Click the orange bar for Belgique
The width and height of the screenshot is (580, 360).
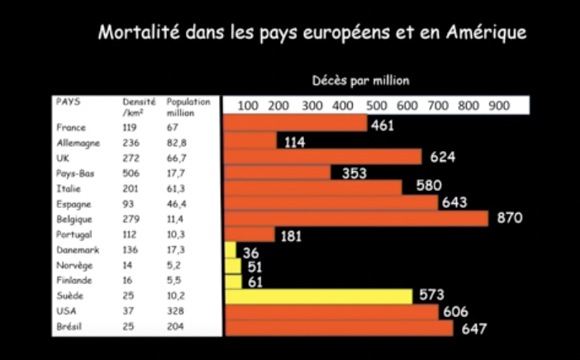pyautogui.click(x=356, y=219)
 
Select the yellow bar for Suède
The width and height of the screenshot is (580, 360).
pyautogui.click(x=318, y=296)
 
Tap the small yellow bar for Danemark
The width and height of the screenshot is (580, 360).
pyautogui.click(x=231, y=249)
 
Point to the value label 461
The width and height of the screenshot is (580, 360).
pyautogui.click(x=382, y=126)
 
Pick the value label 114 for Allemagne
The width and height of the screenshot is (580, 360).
pyautogui.click(x=295, y=142)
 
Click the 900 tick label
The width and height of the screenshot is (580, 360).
pyautogui.click(x=498, y=106)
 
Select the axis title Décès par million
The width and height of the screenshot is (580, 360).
pyautogui.click(x=361, y=81)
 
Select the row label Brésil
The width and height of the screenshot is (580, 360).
pyautogui.click(x=69, y=328)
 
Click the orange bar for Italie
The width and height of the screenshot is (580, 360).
pyautogui.click(x=313, y=187)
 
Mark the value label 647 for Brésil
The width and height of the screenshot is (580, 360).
pyautogui.click(x=474, y=329)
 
